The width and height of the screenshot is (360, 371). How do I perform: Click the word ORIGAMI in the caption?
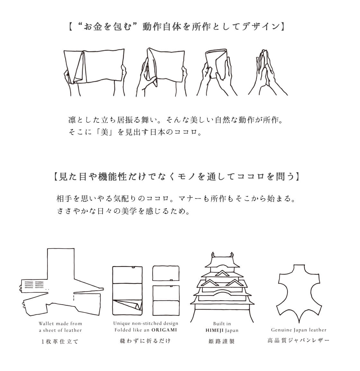[x=164, y=330]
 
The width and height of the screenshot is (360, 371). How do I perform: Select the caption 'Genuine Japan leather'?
[x=299, y=330]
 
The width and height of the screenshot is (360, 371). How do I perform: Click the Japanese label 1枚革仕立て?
[x=60, y=341]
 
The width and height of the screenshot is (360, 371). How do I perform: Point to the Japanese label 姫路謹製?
[x=222, y=341]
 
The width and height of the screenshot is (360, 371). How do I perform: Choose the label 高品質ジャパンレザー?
[x=298, y=340]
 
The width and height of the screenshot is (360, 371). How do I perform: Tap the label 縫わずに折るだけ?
[x=145, y=341]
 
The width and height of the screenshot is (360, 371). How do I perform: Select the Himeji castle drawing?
[x=222, y=287]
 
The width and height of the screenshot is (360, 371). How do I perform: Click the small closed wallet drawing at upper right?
[x=166, y=273]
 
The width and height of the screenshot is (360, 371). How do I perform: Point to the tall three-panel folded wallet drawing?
[x=127, y=291]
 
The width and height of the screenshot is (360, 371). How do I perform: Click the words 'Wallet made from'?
[x=60, y=324]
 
